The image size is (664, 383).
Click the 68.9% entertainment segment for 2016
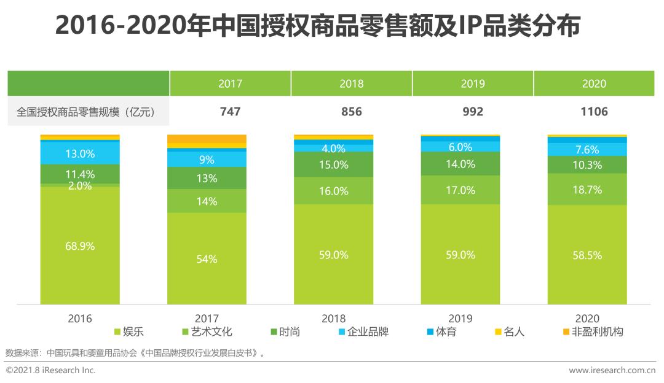click(80, 246)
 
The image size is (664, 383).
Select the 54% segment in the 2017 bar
click(207, 259)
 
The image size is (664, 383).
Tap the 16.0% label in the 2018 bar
click(334, 191)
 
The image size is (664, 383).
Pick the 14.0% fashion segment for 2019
click(460, 164)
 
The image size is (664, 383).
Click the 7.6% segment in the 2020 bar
click(587, 149)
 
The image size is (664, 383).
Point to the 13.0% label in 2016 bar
click(80, 153)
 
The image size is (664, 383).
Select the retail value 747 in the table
click(230, 112)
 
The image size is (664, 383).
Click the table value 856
click(351, 112)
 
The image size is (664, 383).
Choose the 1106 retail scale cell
click(594, 112)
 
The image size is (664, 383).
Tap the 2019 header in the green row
click(473, 84)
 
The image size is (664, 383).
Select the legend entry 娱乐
click(129, 332)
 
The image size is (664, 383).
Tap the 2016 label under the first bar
click(80, 318)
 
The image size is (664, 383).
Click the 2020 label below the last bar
click(587, 318)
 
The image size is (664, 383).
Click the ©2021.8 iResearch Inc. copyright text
click(50, 370)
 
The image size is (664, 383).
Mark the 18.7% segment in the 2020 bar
click(587, 190)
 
